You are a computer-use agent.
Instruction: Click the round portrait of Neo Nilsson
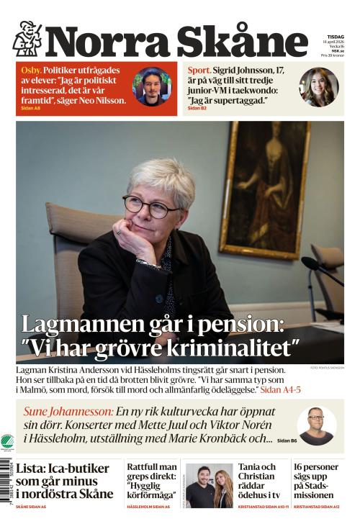coord(152,87)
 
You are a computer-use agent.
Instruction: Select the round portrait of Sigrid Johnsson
coord(319,87)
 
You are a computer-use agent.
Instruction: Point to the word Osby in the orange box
coord(31,71)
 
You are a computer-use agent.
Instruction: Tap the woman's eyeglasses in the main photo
coord(150,207)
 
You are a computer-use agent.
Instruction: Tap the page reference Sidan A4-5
coord(280,389)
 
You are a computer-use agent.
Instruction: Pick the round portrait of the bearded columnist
coord(316,425)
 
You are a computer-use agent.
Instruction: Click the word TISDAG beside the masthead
coord(336,36)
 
